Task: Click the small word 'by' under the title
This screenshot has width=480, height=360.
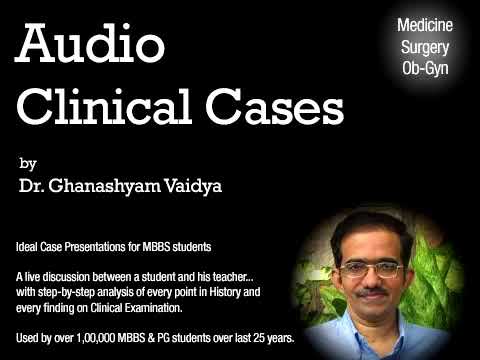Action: pyautogui.click(x=26, y=162)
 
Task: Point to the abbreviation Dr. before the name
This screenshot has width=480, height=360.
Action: pyautogui.click(x=30, y=186)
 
